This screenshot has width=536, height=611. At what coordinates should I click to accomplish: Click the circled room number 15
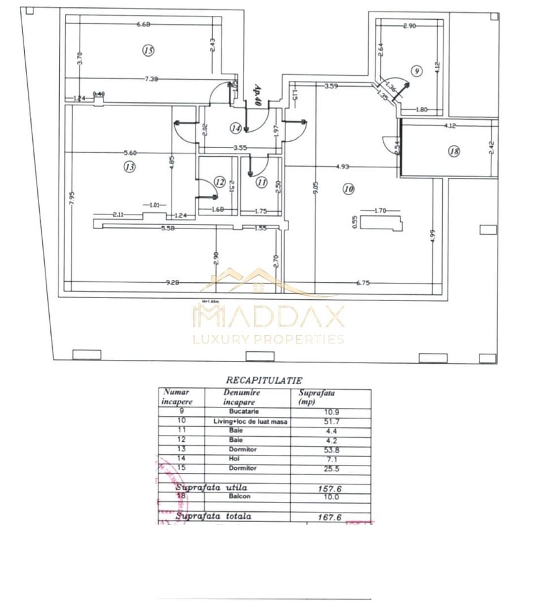tap(148, 50)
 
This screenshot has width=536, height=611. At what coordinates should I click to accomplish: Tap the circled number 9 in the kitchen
tap(417, 71)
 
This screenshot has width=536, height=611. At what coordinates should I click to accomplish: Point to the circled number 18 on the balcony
tap(453, 151)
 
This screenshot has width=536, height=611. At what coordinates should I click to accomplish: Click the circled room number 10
tap(348, 190)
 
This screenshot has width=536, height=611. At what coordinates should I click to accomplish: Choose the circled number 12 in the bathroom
tap(220, 182)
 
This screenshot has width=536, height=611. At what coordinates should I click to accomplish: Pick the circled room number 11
tap(261, 182)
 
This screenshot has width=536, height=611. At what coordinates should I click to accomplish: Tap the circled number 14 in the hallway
tap(236, 128)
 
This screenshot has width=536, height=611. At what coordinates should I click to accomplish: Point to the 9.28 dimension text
tap(172, 283)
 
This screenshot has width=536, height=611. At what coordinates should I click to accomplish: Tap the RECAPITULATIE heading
tap(264, 381)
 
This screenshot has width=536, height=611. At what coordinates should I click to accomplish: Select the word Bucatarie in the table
tap(243, 411)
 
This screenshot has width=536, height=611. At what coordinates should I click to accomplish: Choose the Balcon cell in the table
tap(243, 496)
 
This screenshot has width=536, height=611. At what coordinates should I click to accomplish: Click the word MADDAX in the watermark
tap(269, 317)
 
